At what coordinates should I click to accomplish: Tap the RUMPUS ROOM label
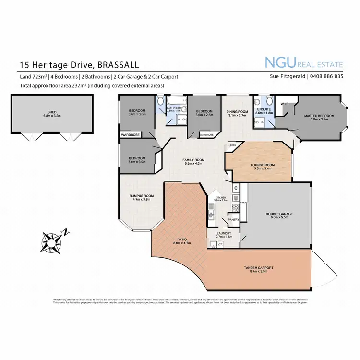[141, 196]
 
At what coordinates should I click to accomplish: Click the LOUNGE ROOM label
[258, 165]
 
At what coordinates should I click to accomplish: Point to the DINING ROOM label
[236, 112]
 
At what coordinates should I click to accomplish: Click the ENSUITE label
[264, 109]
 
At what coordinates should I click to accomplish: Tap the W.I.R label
[284, 103]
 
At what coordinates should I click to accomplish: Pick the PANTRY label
[234, 220]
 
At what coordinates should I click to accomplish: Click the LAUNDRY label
[225, 233]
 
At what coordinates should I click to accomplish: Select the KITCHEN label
[220, 197]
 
